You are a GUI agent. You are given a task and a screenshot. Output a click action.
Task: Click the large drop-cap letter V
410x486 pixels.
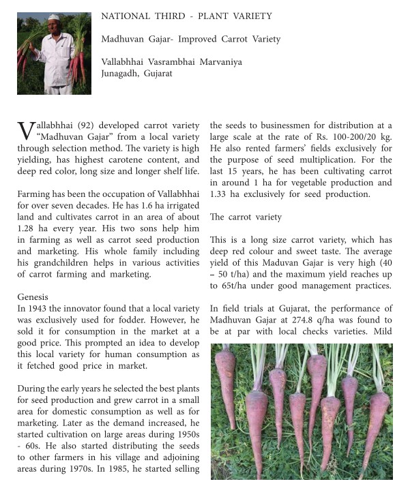(25, 132)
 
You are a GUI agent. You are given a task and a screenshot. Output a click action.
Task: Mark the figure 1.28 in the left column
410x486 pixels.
(28, 228)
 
